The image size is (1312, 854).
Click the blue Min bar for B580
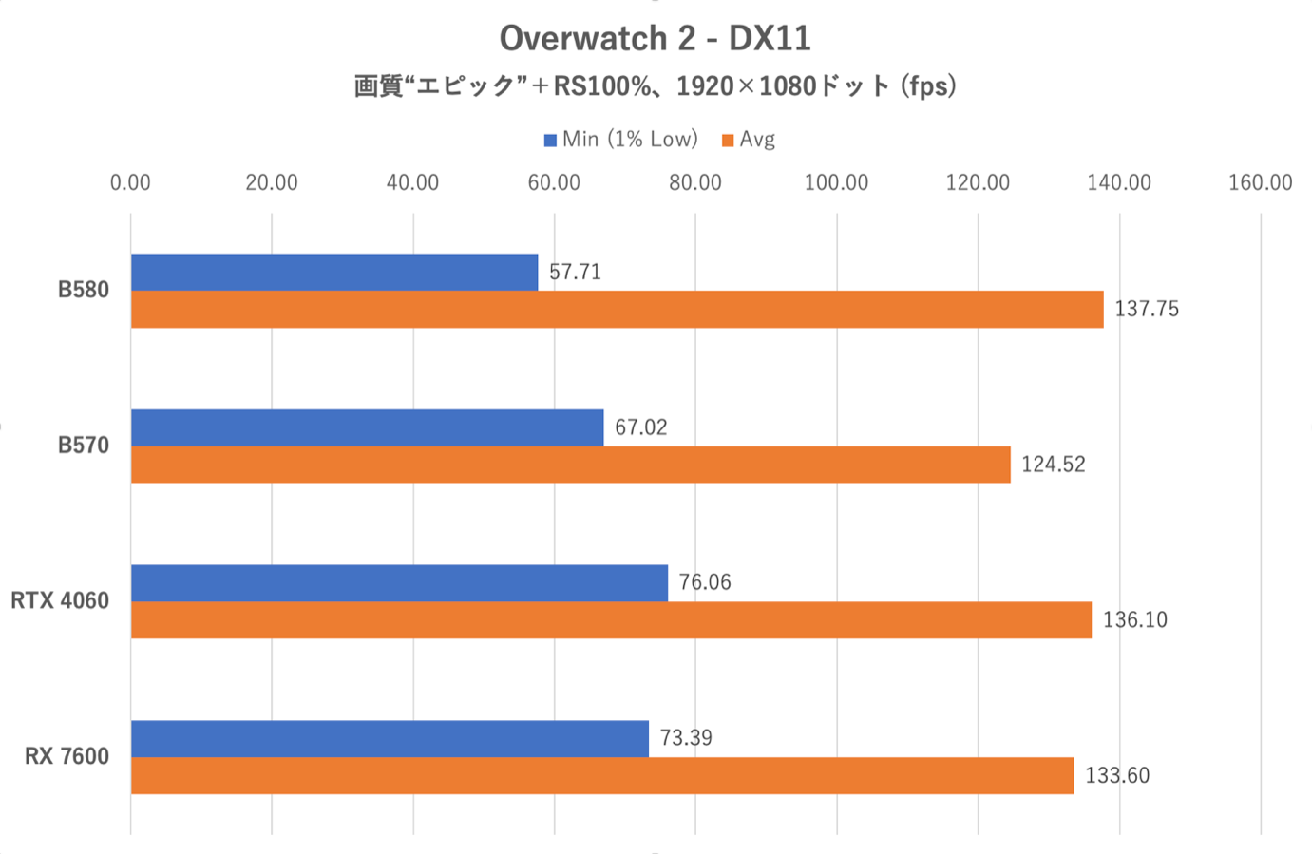pyautogui.click(x=333, y=273)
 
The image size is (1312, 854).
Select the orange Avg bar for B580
pyautogui.click(x=617, y=310)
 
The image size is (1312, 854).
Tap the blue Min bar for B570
pyautogui.click(x=367, y=427)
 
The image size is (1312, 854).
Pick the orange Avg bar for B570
pyautogui.click(x=570, y=465)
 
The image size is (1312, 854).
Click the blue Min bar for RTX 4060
pyautogui.click(x=399, y=583)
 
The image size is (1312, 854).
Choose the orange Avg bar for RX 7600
pyautogui.click(x=601, y=776)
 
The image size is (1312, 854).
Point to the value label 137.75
pyautogui.click(x=1146, y=310)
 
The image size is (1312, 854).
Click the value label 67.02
pyautogui.click(x=640, y=427)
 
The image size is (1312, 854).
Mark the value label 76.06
pyautogui.click(x=704, y=582)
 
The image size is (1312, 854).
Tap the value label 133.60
pyautogui.click(x=1116, y=776)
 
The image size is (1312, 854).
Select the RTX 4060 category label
pyautogui.click(x=60, y=601)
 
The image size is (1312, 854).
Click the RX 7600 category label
pyautogui.click(x=67, y=757)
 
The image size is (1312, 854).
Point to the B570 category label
pyautogui.click(x=84, y=446)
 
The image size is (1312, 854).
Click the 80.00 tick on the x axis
pyautogui.click(x=694, y=183)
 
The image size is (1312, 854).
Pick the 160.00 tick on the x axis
pyautogui.click(x=1260, y=183)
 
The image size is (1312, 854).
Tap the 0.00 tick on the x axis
pyautogui.click(x=130, y=183)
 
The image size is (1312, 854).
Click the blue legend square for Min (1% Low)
pyautogui.click(x=550, y=141)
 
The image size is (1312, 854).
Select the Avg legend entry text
pyautogui.click(x=757, y=140)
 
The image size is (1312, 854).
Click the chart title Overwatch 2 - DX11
pyautogui.click(x=655, y=39)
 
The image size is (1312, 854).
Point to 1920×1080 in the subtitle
pyautogui.click(x=746, y=86)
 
